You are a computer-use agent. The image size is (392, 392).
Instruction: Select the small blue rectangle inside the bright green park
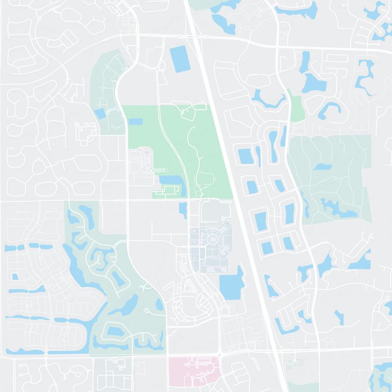click(135, 121)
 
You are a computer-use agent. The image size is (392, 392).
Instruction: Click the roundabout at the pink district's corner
click(219, 355)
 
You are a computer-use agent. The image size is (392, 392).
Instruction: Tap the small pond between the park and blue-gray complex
click(183, 210)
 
